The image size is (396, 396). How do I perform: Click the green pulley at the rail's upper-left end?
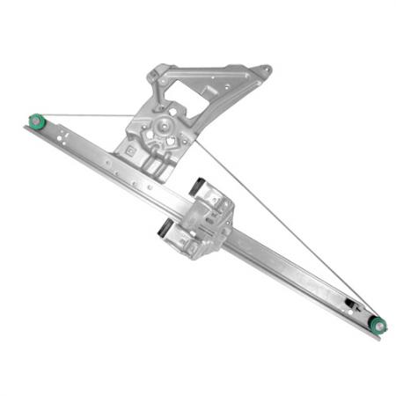point(36,120)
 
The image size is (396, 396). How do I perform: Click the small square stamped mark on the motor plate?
point(131,150)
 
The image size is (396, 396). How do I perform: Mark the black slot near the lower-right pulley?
point(350,304)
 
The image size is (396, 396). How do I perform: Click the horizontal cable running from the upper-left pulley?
point(88,115)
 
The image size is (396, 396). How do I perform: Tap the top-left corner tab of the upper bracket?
point(156,69)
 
